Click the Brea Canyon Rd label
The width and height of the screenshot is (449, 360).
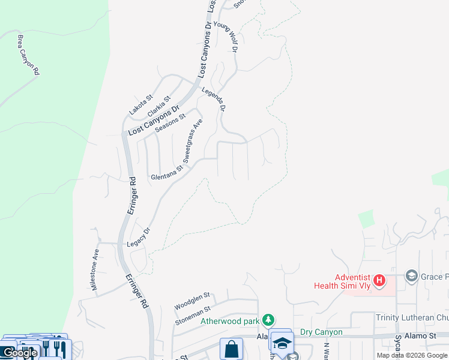click(28, 55)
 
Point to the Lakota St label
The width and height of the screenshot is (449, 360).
click(142, 105)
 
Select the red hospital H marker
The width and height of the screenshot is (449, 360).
click(379, 280)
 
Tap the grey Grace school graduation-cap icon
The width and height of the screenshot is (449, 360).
click(412, 276)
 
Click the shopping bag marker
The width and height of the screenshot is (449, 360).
click(231, 349)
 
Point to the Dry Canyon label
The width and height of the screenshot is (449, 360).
click(321, 332)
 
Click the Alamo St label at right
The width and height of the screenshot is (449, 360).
click(420, 335)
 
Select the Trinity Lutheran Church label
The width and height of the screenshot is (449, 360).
click(412, 317)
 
